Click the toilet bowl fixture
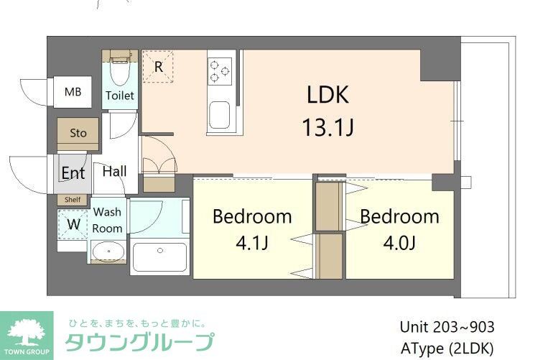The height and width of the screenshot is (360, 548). (119, 72)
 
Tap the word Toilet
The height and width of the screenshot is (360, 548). (119, 95)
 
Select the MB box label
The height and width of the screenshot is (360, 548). (73, 91)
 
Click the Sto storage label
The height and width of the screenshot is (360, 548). (78, 133)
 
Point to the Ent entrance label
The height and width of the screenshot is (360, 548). (73, 173)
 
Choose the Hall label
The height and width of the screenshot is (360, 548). (114, 171)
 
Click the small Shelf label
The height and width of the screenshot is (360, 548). (73, 200)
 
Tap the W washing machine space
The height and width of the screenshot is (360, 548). (73, 223)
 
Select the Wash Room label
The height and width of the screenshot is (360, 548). (107, 220)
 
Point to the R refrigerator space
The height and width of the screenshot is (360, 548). (157, 66)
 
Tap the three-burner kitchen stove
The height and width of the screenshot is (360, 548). (220, 70)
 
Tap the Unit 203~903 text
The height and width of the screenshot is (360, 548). (447, 327)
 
